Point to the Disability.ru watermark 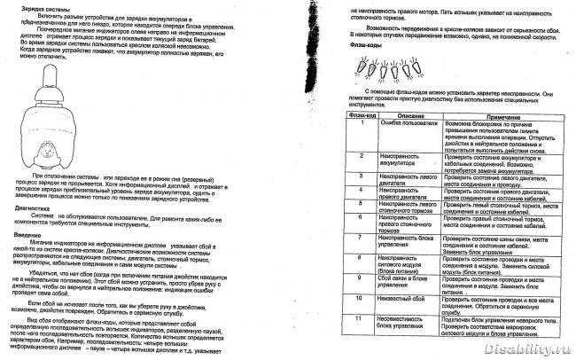click(x=532, y=349)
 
